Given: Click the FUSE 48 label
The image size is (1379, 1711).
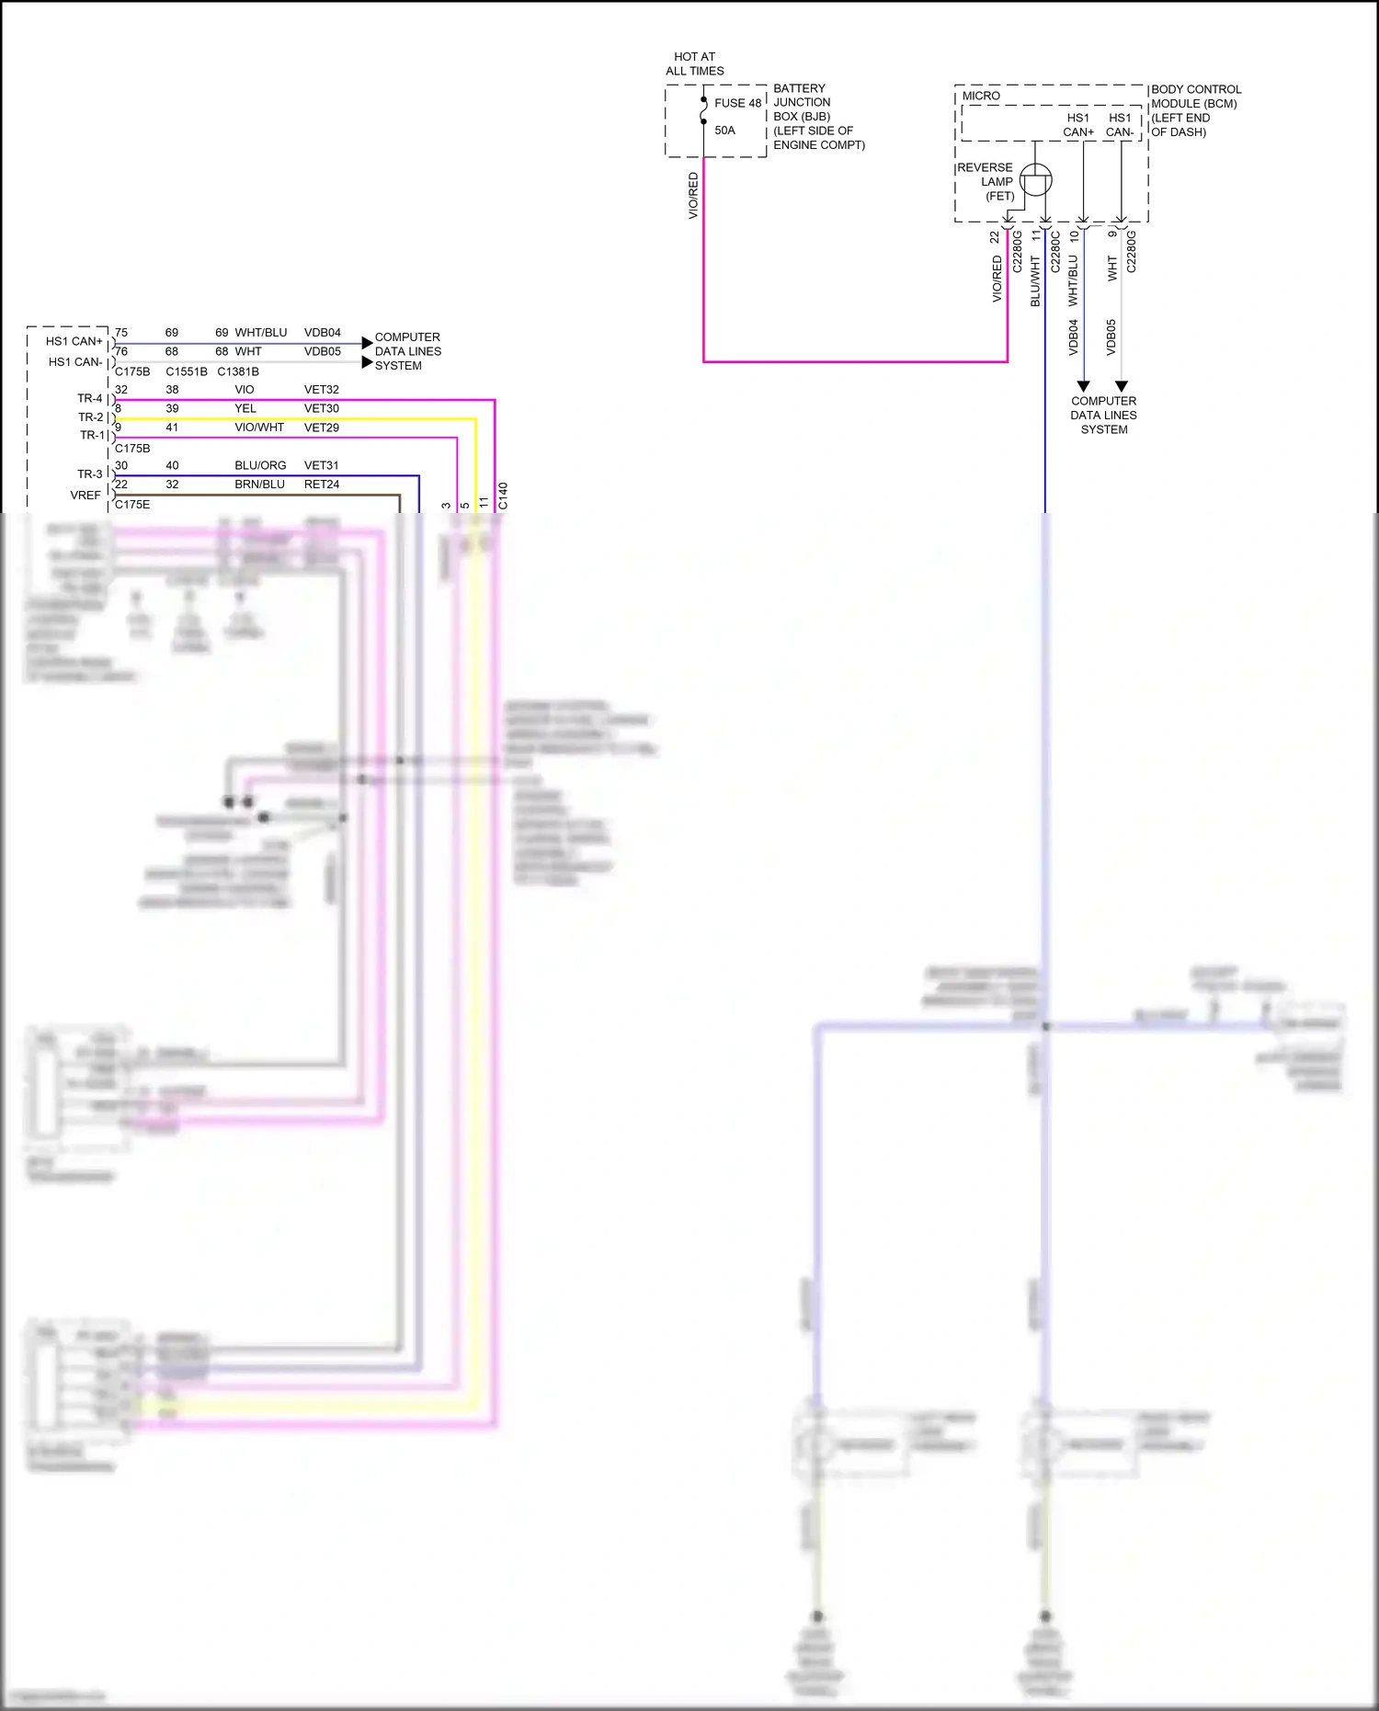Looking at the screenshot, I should (737, 103).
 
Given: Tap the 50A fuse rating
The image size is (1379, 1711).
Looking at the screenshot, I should (724, 131).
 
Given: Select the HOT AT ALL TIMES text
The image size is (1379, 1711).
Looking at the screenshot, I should (695, 63).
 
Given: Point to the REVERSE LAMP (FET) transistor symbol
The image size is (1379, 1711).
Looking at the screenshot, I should (1036, 180).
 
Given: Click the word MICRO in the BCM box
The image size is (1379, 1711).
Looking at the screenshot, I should (981, 96).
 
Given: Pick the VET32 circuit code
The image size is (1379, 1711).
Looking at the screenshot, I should (322, 390).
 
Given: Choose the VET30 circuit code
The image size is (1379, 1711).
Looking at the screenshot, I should (322, 408).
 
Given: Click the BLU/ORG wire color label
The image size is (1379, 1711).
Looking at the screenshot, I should (260, 465).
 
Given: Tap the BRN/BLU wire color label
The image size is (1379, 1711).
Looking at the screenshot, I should (259, 485).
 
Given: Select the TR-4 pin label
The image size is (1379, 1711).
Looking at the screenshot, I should (90, 398).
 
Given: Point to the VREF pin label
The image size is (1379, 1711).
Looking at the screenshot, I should (85, 496).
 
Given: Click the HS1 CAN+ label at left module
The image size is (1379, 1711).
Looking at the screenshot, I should (74, 341).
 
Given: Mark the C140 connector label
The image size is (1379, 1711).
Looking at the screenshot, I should (503, 496).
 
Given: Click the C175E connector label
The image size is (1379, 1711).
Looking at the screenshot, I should (132, 505).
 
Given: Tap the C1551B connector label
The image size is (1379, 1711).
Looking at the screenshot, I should (187, 371).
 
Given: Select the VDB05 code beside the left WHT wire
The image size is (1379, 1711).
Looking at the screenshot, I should (323, 351).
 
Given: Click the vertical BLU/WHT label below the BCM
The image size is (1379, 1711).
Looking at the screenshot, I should (1035, 281).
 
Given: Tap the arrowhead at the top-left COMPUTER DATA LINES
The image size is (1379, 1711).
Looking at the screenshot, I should (368, 343).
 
